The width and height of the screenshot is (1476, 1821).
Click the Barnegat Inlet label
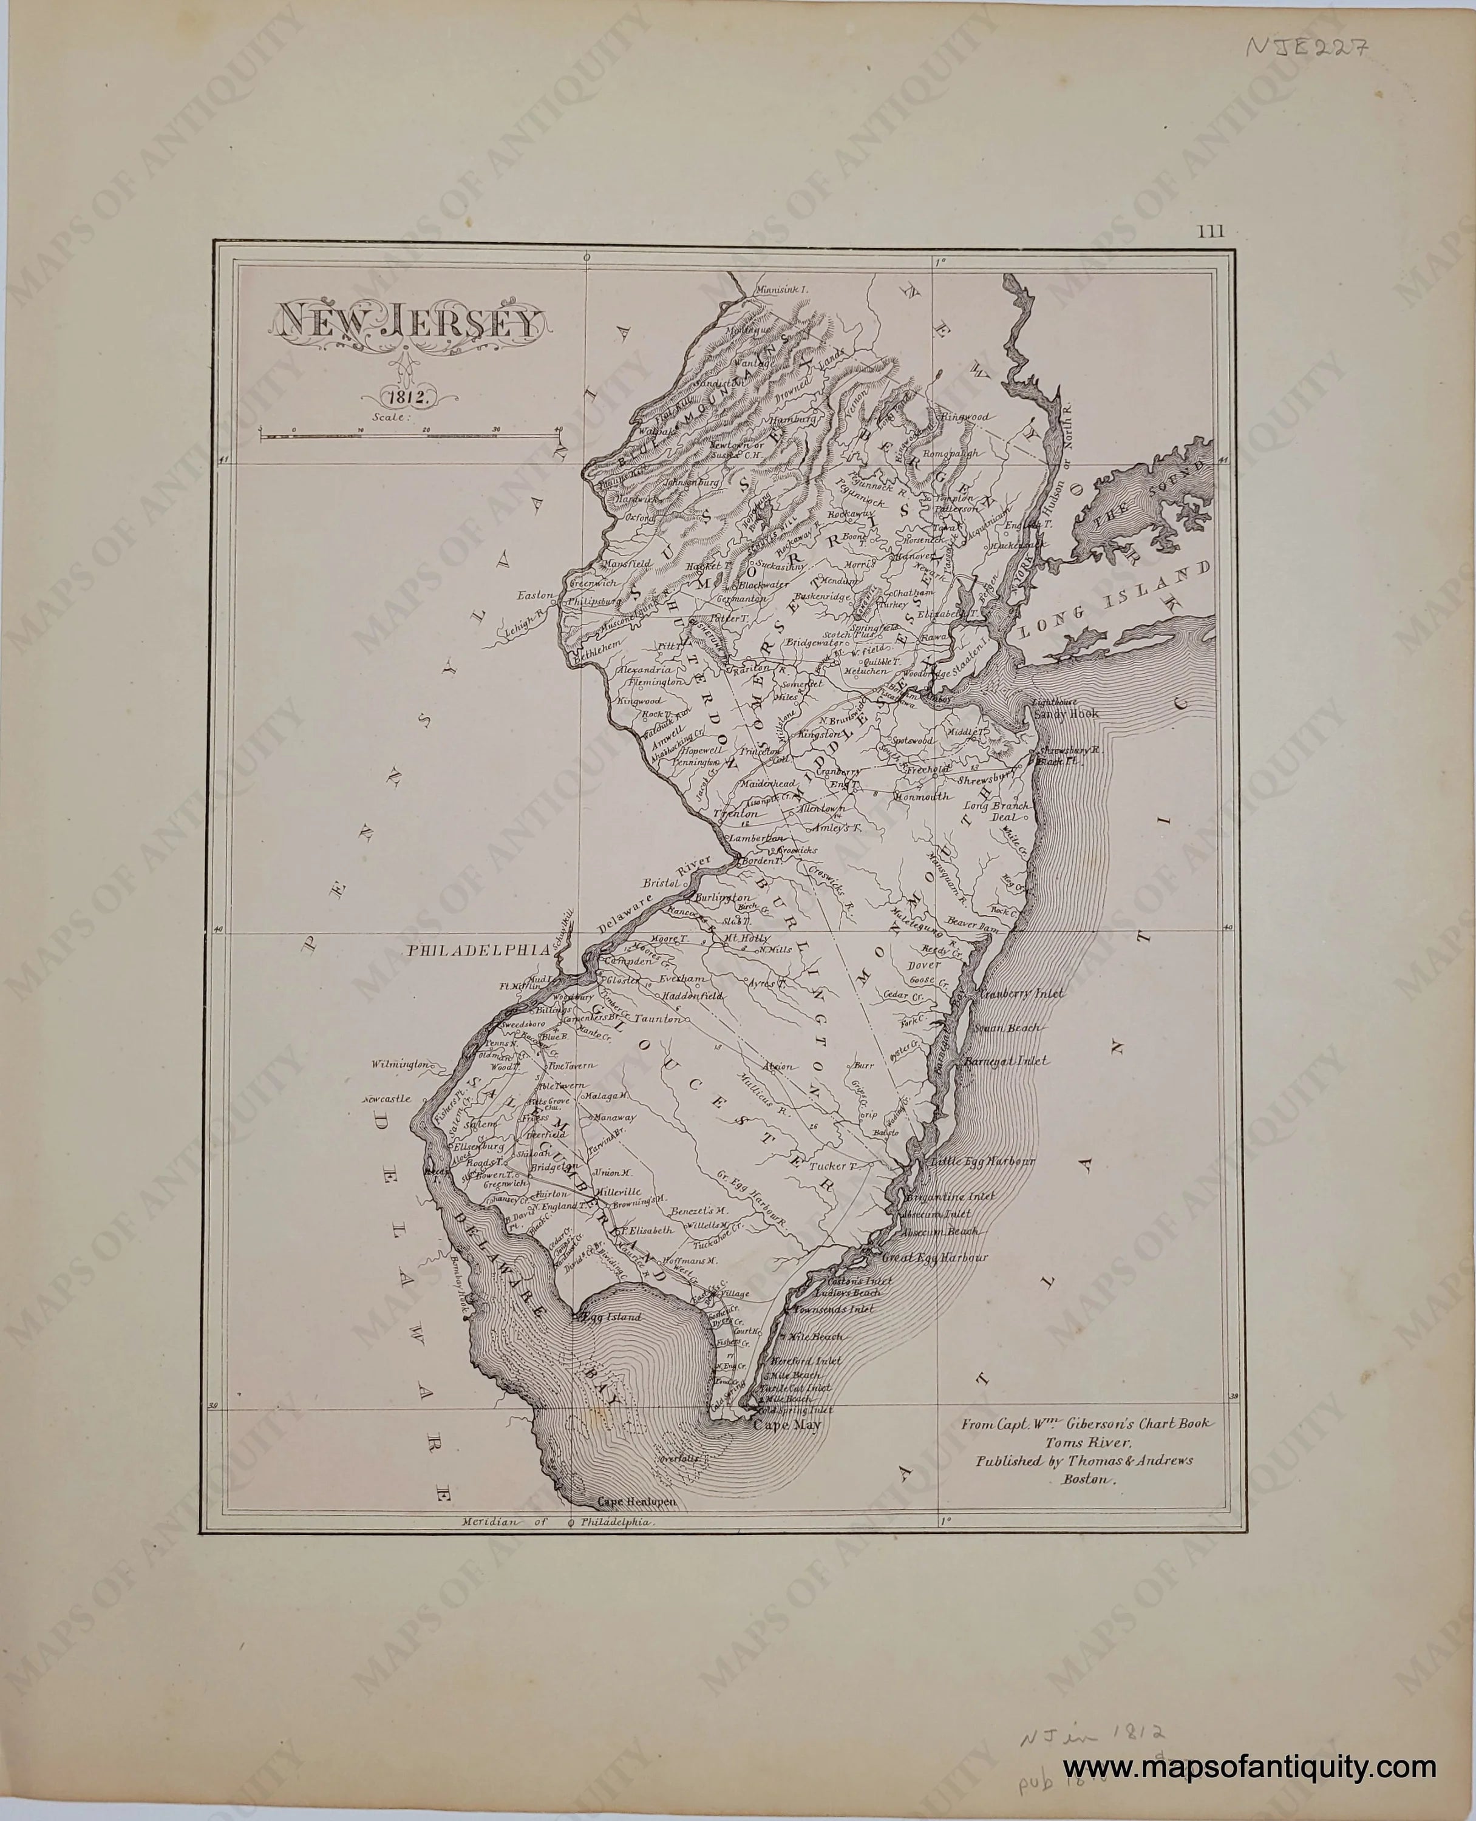pos(1007,1061)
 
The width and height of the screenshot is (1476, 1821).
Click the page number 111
pos(1211,231)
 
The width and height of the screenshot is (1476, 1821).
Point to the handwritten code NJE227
pos(1305,47)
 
